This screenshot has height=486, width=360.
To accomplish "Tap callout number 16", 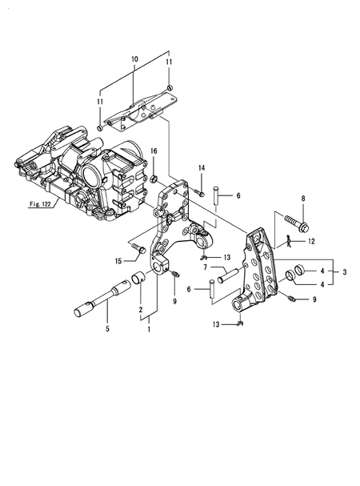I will point(154,151).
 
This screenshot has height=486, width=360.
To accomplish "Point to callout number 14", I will point(202,167).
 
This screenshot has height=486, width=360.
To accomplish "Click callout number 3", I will point(344,273).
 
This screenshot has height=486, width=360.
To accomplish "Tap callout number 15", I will point(118,260).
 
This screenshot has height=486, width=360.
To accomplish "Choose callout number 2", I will point(140,309).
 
